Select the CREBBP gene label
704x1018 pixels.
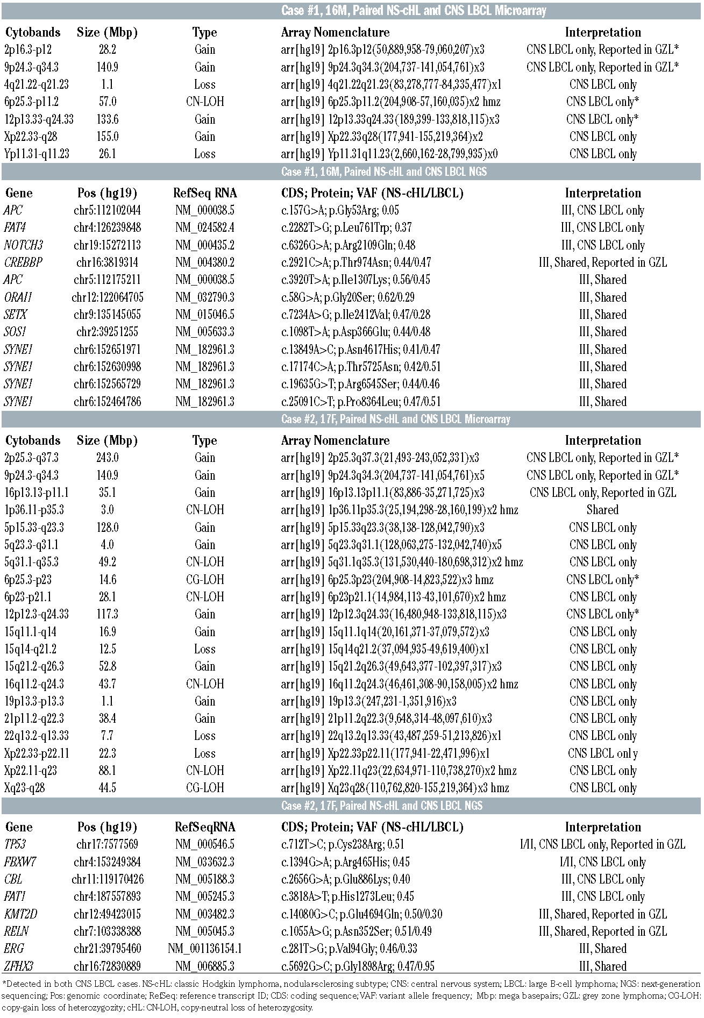click(23, 262)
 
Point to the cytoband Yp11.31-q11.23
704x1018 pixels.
click(37, 154)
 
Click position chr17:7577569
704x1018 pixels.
click(107, 844)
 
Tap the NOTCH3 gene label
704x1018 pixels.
click(23, 245)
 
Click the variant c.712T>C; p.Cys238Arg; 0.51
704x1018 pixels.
click(347, 844)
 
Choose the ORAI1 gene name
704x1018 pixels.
click(18, 297)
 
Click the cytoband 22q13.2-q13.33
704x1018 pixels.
click(37, 736)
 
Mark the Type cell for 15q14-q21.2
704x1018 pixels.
click(204, 649)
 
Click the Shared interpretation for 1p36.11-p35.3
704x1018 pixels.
click(602, 510)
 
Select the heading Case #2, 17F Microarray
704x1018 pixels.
click(395, 419)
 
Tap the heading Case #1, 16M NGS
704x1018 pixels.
click(384, 172)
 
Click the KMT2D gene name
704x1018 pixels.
click(20, 914)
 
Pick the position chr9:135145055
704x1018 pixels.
click(107, 315)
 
